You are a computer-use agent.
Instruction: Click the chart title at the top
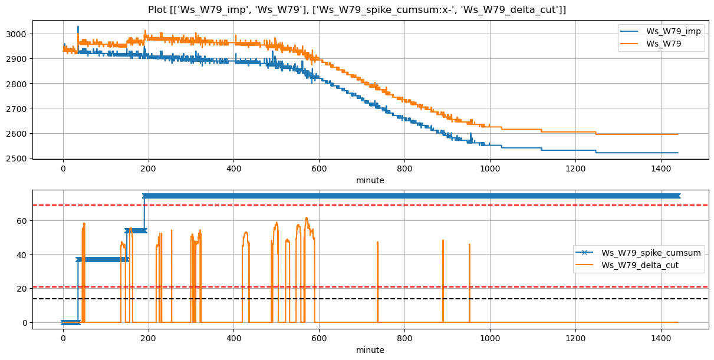point(357,9)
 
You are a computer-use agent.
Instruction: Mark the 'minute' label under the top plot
point(370,180)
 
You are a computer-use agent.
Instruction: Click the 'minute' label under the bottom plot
point(370,350)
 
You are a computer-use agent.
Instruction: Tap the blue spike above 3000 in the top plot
point(78,27)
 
